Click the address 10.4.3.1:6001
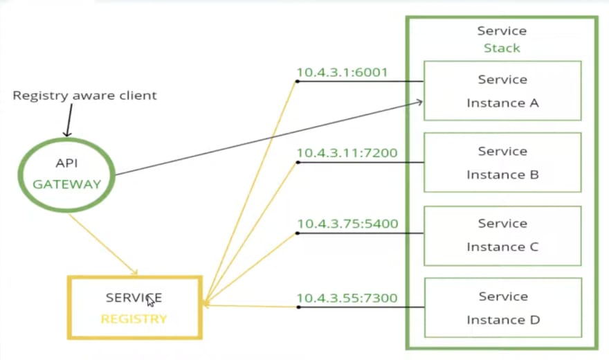click(x=342, y=72)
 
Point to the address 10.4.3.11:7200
click(x=347, y=152)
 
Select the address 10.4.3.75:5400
click(x=347, y=224)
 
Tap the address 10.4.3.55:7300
click(x=347, y=298)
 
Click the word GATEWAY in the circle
click(x=67, y=184)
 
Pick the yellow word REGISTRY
click(x=134, y=319)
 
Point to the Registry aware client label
click(x=84, y=96)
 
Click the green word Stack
click(x=502, y=48)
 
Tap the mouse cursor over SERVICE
click(x=150, y=300)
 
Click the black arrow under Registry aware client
click(x=69, y=120)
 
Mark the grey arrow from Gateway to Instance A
click(x=269, y=138)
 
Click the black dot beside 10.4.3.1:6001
click(x=297, y=82)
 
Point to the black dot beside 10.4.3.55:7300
click(x=298, y=307)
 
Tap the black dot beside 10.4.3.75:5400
click(x=298, y=233)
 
